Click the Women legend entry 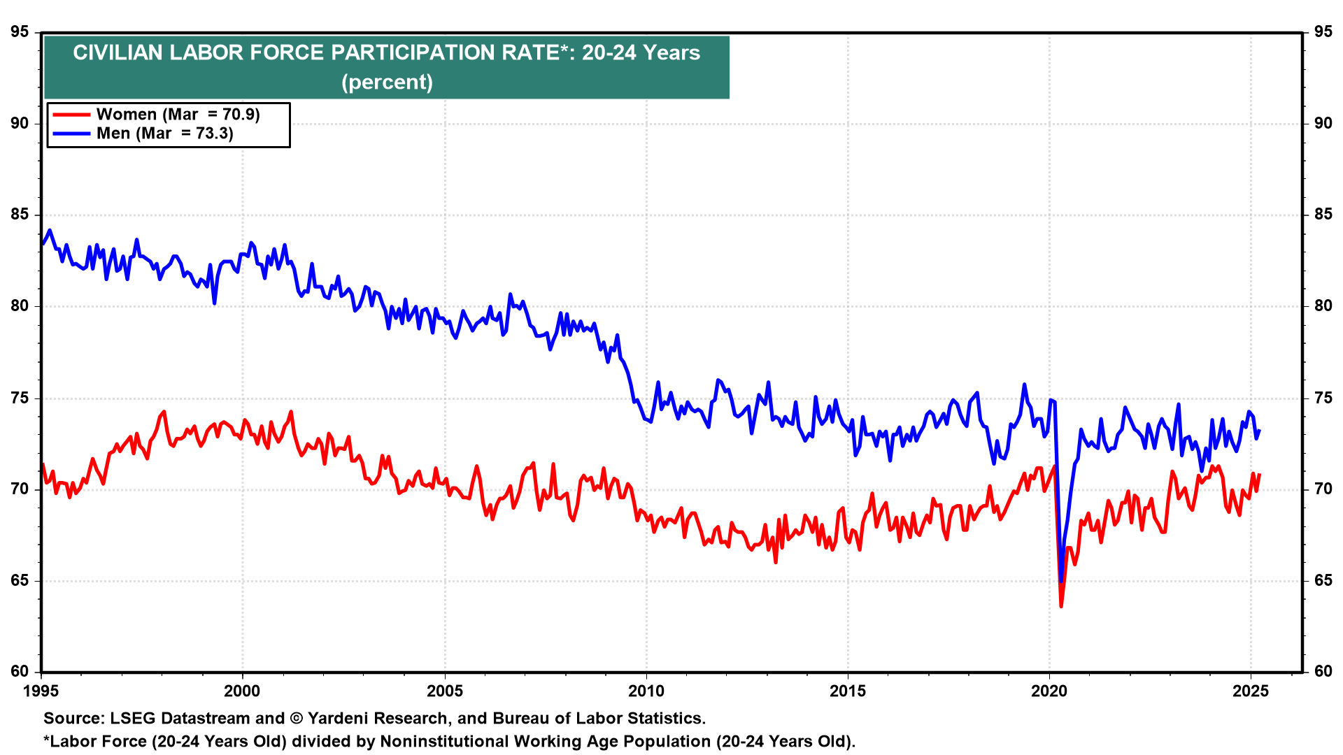[x=178, y=115]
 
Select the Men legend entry [x=164, y=134]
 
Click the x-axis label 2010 [x=646, y=691]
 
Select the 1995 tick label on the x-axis [x=41, y=691]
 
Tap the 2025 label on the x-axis [x=1251, y=691]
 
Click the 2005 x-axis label [x=445, y=691]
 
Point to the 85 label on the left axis [x=20, y=215]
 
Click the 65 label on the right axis [x=1323, y=581]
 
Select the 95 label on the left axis [x=20, y=32]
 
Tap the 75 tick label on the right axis [x=1323, y=398]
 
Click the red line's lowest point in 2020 [x=1061, y=606]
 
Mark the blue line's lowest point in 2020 [x=1061, y=581]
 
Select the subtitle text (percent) [x=387, y=82]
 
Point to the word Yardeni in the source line [x=339, y=719]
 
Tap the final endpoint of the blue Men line [x=1260, y=431]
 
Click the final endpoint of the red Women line [x=1260, y=475]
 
